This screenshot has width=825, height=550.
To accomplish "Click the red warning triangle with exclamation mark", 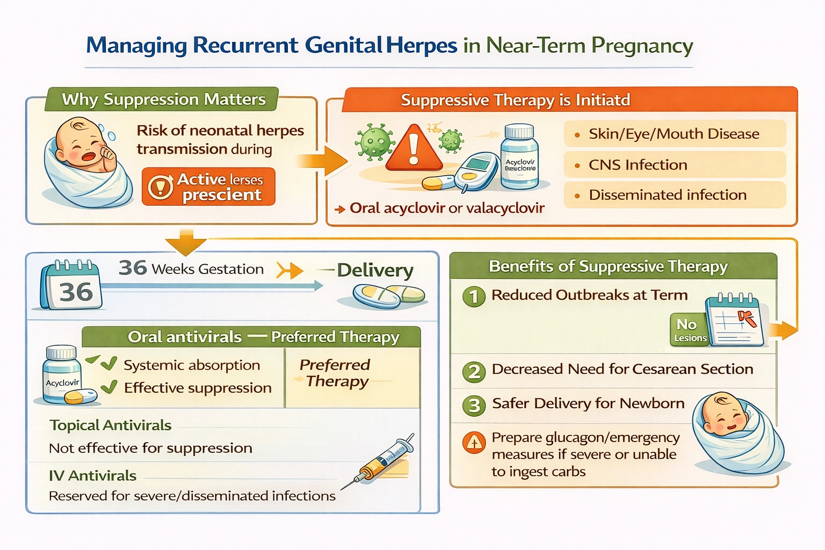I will point(413,147).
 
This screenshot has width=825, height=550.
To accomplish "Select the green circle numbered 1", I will point(474,296).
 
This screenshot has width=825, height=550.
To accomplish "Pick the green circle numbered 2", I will point(474,371).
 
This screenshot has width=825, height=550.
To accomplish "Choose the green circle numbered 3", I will point(474,405).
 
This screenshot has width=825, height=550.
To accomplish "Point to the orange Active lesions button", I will point(208,187).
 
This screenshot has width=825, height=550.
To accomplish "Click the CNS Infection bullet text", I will point(638,165).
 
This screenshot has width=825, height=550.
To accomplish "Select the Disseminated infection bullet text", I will point(667,195).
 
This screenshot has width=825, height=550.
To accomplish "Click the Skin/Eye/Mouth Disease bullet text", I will point(674,134).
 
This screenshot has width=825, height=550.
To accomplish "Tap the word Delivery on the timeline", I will point(375,270).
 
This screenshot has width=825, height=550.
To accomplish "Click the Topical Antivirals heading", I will point(111,425).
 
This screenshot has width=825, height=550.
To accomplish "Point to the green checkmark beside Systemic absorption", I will point(108,364).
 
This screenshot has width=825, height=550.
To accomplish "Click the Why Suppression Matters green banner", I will point(163,99).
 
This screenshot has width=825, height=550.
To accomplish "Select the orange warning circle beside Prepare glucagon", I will point(474,443).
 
